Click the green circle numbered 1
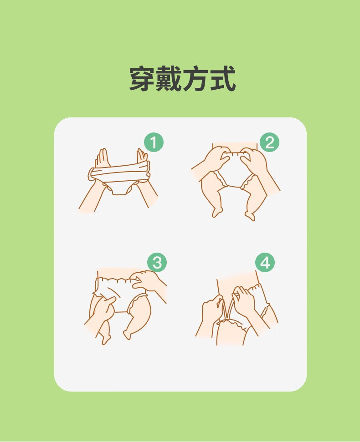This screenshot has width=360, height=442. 154,142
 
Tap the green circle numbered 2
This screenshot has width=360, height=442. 269,142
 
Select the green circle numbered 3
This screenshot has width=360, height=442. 157,263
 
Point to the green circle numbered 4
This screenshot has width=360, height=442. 265,263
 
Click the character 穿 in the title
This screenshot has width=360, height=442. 143,78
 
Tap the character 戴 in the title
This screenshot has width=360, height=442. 169,78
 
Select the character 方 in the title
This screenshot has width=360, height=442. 195,78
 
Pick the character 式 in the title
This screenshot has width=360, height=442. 222,78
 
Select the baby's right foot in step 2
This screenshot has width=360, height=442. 250,215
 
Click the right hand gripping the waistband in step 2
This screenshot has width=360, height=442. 254,160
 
